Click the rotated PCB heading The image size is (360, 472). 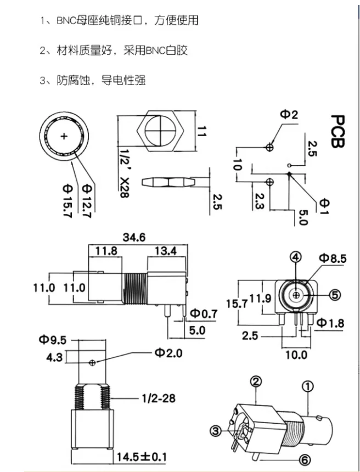click(336, 132)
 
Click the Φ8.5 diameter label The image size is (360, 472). click(333, 257)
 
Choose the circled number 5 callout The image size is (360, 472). click(335, 294)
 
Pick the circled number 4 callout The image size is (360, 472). click(296, 257)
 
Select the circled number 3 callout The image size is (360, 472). click(216, 431)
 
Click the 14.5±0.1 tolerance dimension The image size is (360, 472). click(141, 457)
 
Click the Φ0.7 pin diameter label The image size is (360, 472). click(204, 314)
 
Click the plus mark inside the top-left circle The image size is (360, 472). click(65, 136)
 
